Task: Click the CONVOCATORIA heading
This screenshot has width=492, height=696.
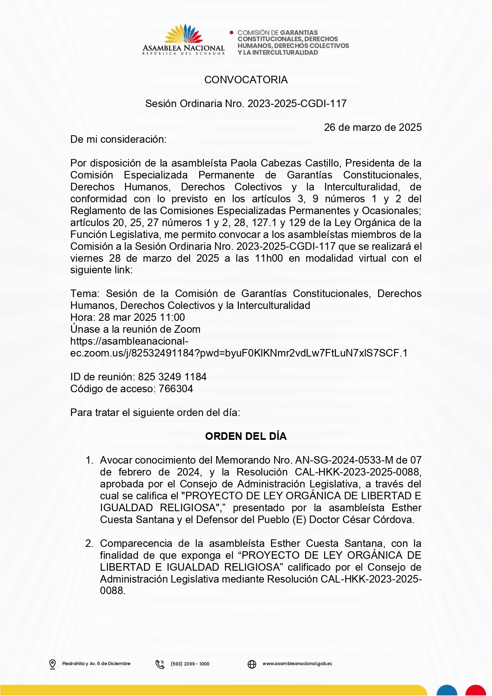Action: (x=246, y=80)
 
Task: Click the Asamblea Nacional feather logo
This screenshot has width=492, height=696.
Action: (x=183, y=34)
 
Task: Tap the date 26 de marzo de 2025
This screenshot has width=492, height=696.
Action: (x=373, y=127)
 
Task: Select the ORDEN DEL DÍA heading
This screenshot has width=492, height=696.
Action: (x=246, y=436)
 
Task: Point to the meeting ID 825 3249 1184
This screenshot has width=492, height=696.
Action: (x=172, y=377)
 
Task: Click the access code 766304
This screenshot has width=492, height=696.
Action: (x=176, y=389)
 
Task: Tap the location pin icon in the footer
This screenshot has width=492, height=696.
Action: (x=52, y=664)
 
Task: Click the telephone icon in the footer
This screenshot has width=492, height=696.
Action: (x=160, y=664)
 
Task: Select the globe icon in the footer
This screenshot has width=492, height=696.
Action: (x=252, y=664)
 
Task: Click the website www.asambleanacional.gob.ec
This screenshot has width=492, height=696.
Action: (x=297, y=663)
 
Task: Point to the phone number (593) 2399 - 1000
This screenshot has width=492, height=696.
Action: (x=190, y=664)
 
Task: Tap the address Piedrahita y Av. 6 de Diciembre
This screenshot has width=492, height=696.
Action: (x=96, y=663)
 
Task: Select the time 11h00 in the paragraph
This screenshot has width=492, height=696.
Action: (x=269, y=258)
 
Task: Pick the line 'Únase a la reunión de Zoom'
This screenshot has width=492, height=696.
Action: (x=135, y=329)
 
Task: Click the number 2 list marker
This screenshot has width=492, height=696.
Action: (x=89, y=543)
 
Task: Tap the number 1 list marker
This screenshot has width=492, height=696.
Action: (x=89, y=460)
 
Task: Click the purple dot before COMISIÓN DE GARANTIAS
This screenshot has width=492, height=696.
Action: (x=232, y=33)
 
